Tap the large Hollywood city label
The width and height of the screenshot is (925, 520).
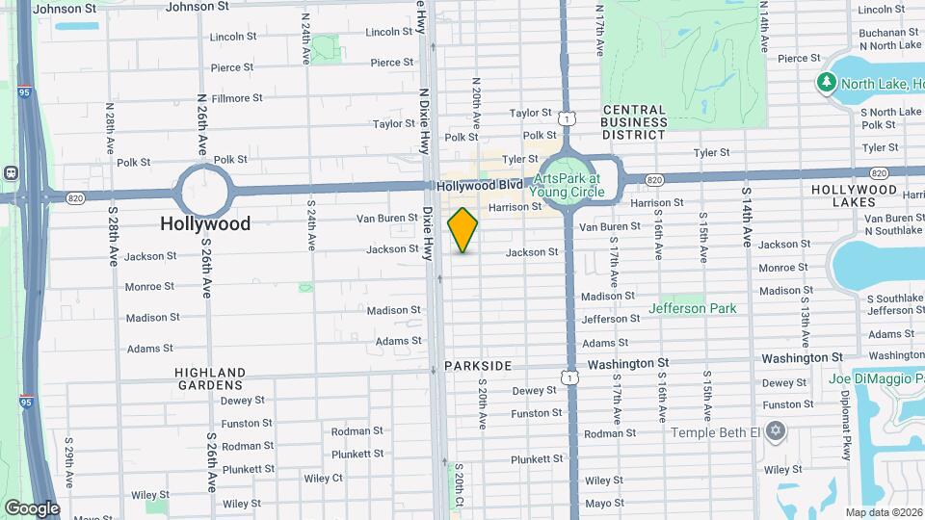point(205,223)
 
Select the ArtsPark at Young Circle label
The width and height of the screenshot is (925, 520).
point(568,185)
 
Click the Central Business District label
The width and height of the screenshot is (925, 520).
point(633,122)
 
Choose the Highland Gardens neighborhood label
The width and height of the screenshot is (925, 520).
point(210,378)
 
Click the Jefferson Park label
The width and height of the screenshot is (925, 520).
point(692,309)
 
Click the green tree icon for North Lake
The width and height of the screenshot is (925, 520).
point(826,84)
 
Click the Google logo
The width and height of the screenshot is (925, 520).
point(32,507)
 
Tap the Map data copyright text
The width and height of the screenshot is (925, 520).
point(883,512)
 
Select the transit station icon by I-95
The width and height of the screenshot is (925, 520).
point(10,173)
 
